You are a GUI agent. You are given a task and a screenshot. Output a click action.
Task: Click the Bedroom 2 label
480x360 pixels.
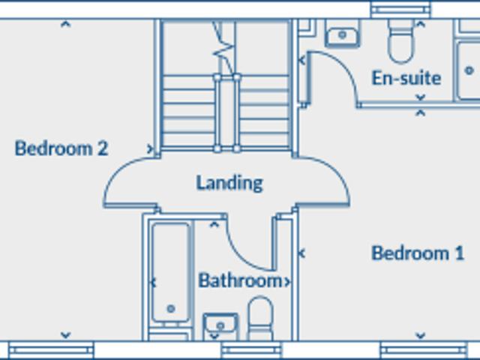click(61, 148)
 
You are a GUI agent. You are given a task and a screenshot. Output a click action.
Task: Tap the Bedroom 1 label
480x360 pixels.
click(418, 253)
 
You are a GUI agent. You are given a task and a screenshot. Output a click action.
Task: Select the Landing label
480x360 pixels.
click(229, 183)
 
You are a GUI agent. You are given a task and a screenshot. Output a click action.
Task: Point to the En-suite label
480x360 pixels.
click(406, 78)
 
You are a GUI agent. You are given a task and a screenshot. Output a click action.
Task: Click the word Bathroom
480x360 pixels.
click(241, 280)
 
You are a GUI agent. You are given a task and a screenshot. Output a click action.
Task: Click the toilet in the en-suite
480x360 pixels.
click(400, 40)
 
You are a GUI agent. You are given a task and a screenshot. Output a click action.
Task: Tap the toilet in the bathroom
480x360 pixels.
click(260, 318)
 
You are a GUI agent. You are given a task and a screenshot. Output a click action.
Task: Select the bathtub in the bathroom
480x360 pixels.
click(170, 272)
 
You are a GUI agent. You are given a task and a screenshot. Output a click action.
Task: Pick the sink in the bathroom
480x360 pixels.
click(220, 325)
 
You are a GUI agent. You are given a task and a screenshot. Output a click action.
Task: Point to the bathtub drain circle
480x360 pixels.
click(171, 308)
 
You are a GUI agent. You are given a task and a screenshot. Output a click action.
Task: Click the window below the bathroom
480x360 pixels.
click(251, 349)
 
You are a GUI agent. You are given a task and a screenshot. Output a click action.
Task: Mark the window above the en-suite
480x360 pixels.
click(400, 9)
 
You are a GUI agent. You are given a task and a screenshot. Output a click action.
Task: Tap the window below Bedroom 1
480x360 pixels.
click(424, 349)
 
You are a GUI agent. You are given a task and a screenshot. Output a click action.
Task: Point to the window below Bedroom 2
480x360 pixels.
click(51, 349)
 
